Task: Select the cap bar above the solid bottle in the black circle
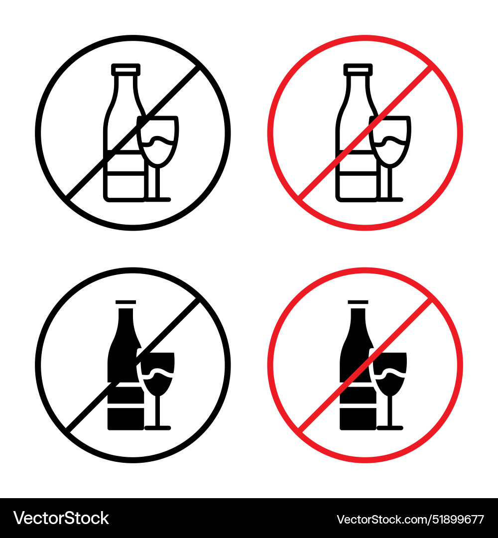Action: pos(125,302)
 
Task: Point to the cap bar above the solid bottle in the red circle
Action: pos(358,302)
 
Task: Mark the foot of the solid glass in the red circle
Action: pos(390,427)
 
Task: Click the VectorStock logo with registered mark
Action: pos(61,518)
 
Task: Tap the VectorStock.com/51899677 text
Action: pos(410,519)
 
